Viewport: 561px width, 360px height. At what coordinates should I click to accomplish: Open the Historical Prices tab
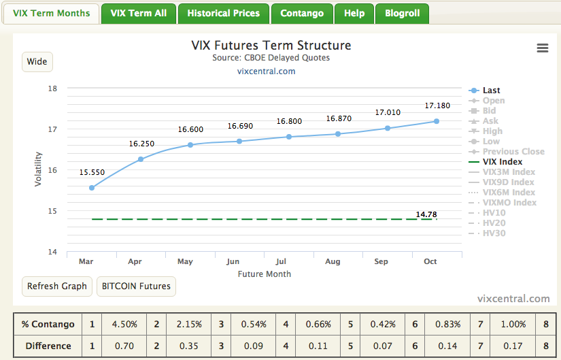223,13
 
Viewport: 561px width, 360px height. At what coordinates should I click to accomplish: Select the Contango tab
303,13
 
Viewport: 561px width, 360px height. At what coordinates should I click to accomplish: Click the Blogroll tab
402,13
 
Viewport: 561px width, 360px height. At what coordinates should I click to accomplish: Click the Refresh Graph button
56,286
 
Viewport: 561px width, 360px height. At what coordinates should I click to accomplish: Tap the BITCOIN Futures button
136,286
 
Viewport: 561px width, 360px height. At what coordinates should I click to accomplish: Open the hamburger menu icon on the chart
542,48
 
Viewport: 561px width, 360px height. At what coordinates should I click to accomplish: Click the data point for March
92,188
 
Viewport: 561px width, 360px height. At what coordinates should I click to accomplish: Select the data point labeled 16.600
190,145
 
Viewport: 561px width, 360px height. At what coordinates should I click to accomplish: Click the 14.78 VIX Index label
426,214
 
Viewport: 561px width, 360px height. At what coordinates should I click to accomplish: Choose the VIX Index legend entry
502,162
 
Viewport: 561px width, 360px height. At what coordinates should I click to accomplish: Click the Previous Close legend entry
513,152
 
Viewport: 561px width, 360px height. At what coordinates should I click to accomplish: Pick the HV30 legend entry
494,233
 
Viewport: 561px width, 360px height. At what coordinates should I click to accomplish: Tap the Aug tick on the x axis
333,261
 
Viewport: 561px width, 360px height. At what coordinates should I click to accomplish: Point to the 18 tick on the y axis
52,88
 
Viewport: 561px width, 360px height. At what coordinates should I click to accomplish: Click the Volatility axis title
39,169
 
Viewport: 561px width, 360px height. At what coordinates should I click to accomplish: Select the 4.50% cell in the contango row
124,325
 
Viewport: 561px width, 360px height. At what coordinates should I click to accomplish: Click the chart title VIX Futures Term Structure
271,46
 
